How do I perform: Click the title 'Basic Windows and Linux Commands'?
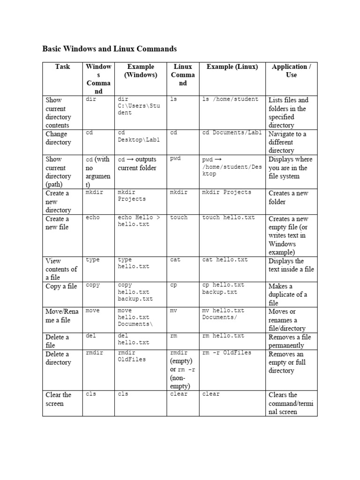point(110,48)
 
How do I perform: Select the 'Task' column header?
point(62,67)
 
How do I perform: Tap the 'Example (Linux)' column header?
point(232,67)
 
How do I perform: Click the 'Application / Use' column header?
point(291,70)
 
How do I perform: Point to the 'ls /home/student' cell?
point(230,99)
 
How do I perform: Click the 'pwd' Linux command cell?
point(175,158)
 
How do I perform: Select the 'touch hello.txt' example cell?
point(228,217)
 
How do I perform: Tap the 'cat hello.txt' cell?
point(225,260)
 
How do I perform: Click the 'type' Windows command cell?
point(93,260)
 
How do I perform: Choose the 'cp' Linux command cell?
point(173,285)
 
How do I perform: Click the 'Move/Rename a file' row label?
point(61,315)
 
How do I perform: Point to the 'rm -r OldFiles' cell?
point(226,352)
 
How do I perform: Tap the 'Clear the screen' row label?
point(59,399)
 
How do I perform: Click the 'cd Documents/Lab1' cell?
point(232,133)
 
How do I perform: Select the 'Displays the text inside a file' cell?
point(291,265)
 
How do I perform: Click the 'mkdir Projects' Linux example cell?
point(226,192)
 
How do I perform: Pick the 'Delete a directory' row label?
point(58,358)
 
